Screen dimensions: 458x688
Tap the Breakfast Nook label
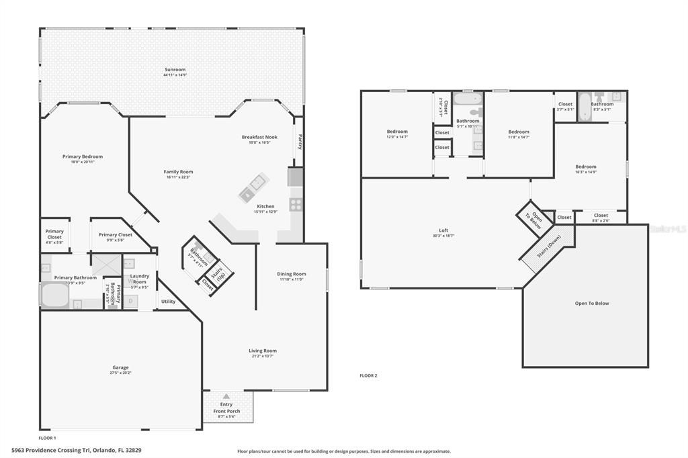pos(259,137)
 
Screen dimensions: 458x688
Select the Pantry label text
pos(300,142)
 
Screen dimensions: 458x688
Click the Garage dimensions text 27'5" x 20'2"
pos(120,373)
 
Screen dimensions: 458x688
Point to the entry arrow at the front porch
pos(226,396)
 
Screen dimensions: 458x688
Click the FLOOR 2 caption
pos(368,375)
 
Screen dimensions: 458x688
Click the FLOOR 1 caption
pos(47,437)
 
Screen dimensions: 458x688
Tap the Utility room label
pos(168,302)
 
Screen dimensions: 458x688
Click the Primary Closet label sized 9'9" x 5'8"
pos(116,234)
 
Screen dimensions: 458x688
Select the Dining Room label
pos(292,273)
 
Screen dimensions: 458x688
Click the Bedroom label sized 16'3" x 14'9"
pos(585,167)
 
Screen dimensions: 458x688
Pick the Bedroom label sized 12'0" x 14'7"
pos(397,132)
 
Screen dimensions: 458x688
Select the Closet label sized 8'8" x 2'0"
pos(601,215)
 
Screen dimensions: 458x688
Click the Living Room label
pos(263,351)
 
